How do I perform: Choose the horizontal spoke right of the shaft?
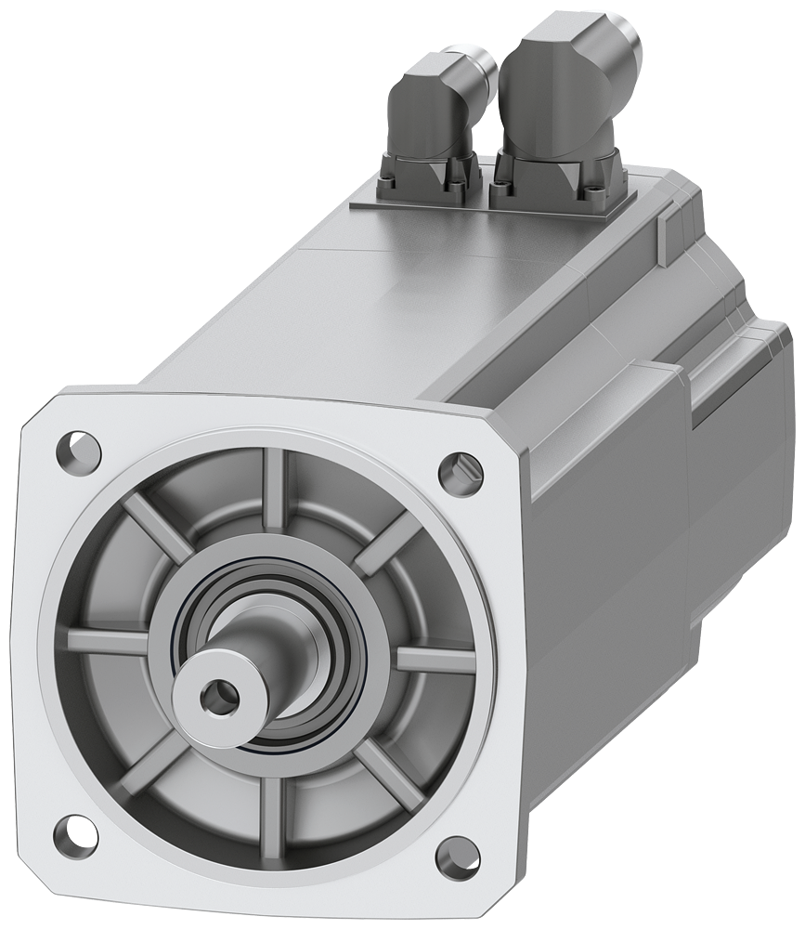point(435,661)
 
